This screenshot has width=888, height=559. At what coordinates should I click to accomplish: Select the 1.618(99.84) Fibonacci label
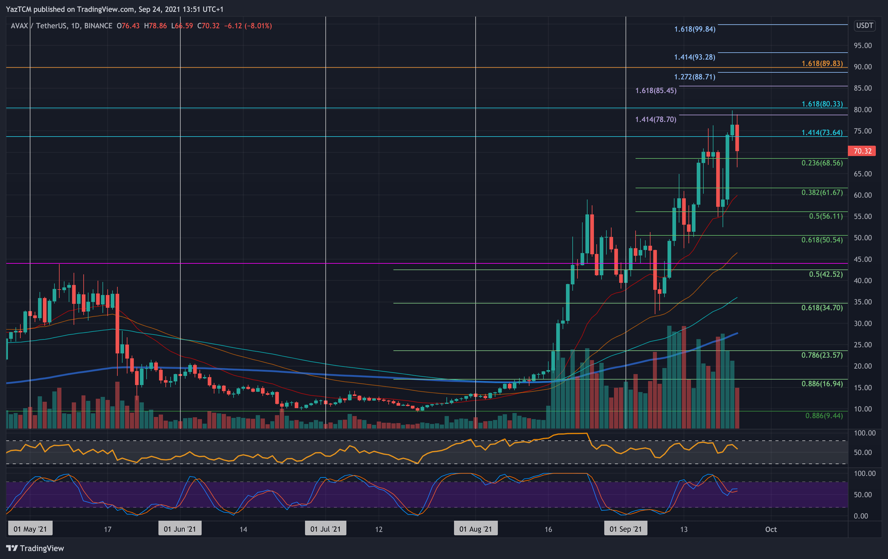pyautogui.click(x=694, y=29)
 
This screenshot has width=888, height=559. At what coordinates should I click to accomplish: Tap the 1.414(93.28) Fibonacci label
pyautogui.click(x=694, y=57)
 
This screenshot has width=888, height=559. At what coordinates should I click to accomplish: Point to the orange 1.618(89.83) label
pyautogui.click(x=822, y=64)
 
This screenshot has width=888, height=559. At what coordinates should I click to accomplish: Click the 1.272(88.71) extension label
pyautogui.click(x=694, y=77)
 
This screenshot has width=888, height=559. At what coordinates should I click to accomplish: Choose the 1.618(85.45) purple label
pyautogui.click(x=656, y=91)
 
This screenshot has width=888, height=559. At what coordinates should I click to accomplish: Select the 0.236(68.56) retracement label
pyautogui.click(x=822, y=163)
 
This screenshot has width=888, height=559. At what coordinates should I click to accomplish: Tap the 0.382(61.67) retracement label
pyautogui.click(x=822, y=193)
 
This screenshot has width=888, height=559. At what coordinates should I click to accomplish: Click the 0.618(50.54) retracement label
pyautogui.click(x=822, y=240)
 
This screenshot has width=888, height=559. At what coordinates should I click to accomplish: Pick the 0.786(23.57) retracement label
pyautogui.click(x=822, y=355)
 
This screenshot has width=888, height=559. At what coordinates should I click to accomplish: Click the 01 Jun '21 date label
pyautogui.click(x=180, y=529)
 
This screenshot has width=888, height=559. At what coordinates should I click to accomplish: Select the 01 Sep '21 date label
pyautogui.click(x=626, y=529)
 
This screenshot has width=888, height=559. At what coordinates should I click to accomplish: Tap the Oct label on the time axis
pyautogui.click(x=771, y=529)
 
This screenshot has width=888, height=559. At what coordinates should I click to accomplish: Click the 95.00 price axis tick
pyautogui.click(x=862, y=46)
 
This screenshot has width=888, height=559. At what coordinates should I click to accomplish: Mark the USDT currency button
pyautogui.click(x=864, y=26)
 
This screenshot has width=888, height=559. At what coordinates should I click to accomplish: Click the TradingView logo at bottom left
pyautogui.click(x=35, y=548)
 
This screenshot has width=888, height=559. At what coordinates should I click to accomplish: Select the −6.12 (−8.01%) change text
pyautogui.click(x=248, y=26)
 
